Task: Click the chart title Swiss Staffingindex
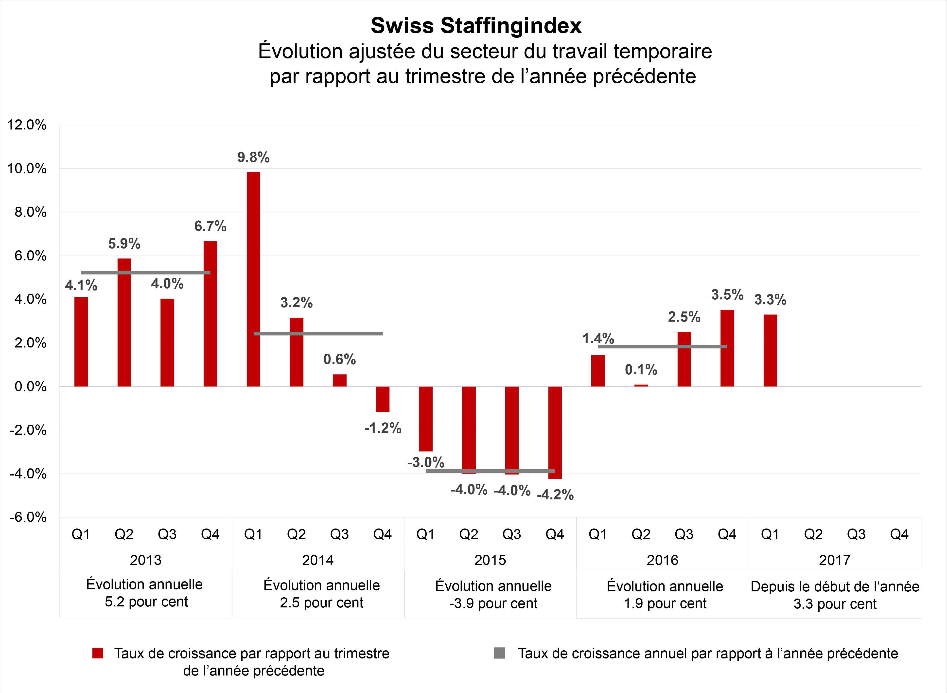click(x=476, y=26)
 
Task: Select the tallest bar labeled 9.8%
click(x=253, y=279)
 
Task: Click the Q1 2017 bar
click(x=770, y=350)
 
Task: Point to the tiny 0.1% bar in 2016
click(x=641, y=385)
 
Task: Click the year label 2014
click(x=318, y=560)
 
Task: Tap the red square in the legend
click(x=98, y=653)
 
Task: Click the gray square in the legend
click(x=499, y=653)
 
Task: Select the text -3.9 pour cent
click(x=493, y=604)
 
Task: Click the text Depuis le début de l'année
click(x=835, y=586)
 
